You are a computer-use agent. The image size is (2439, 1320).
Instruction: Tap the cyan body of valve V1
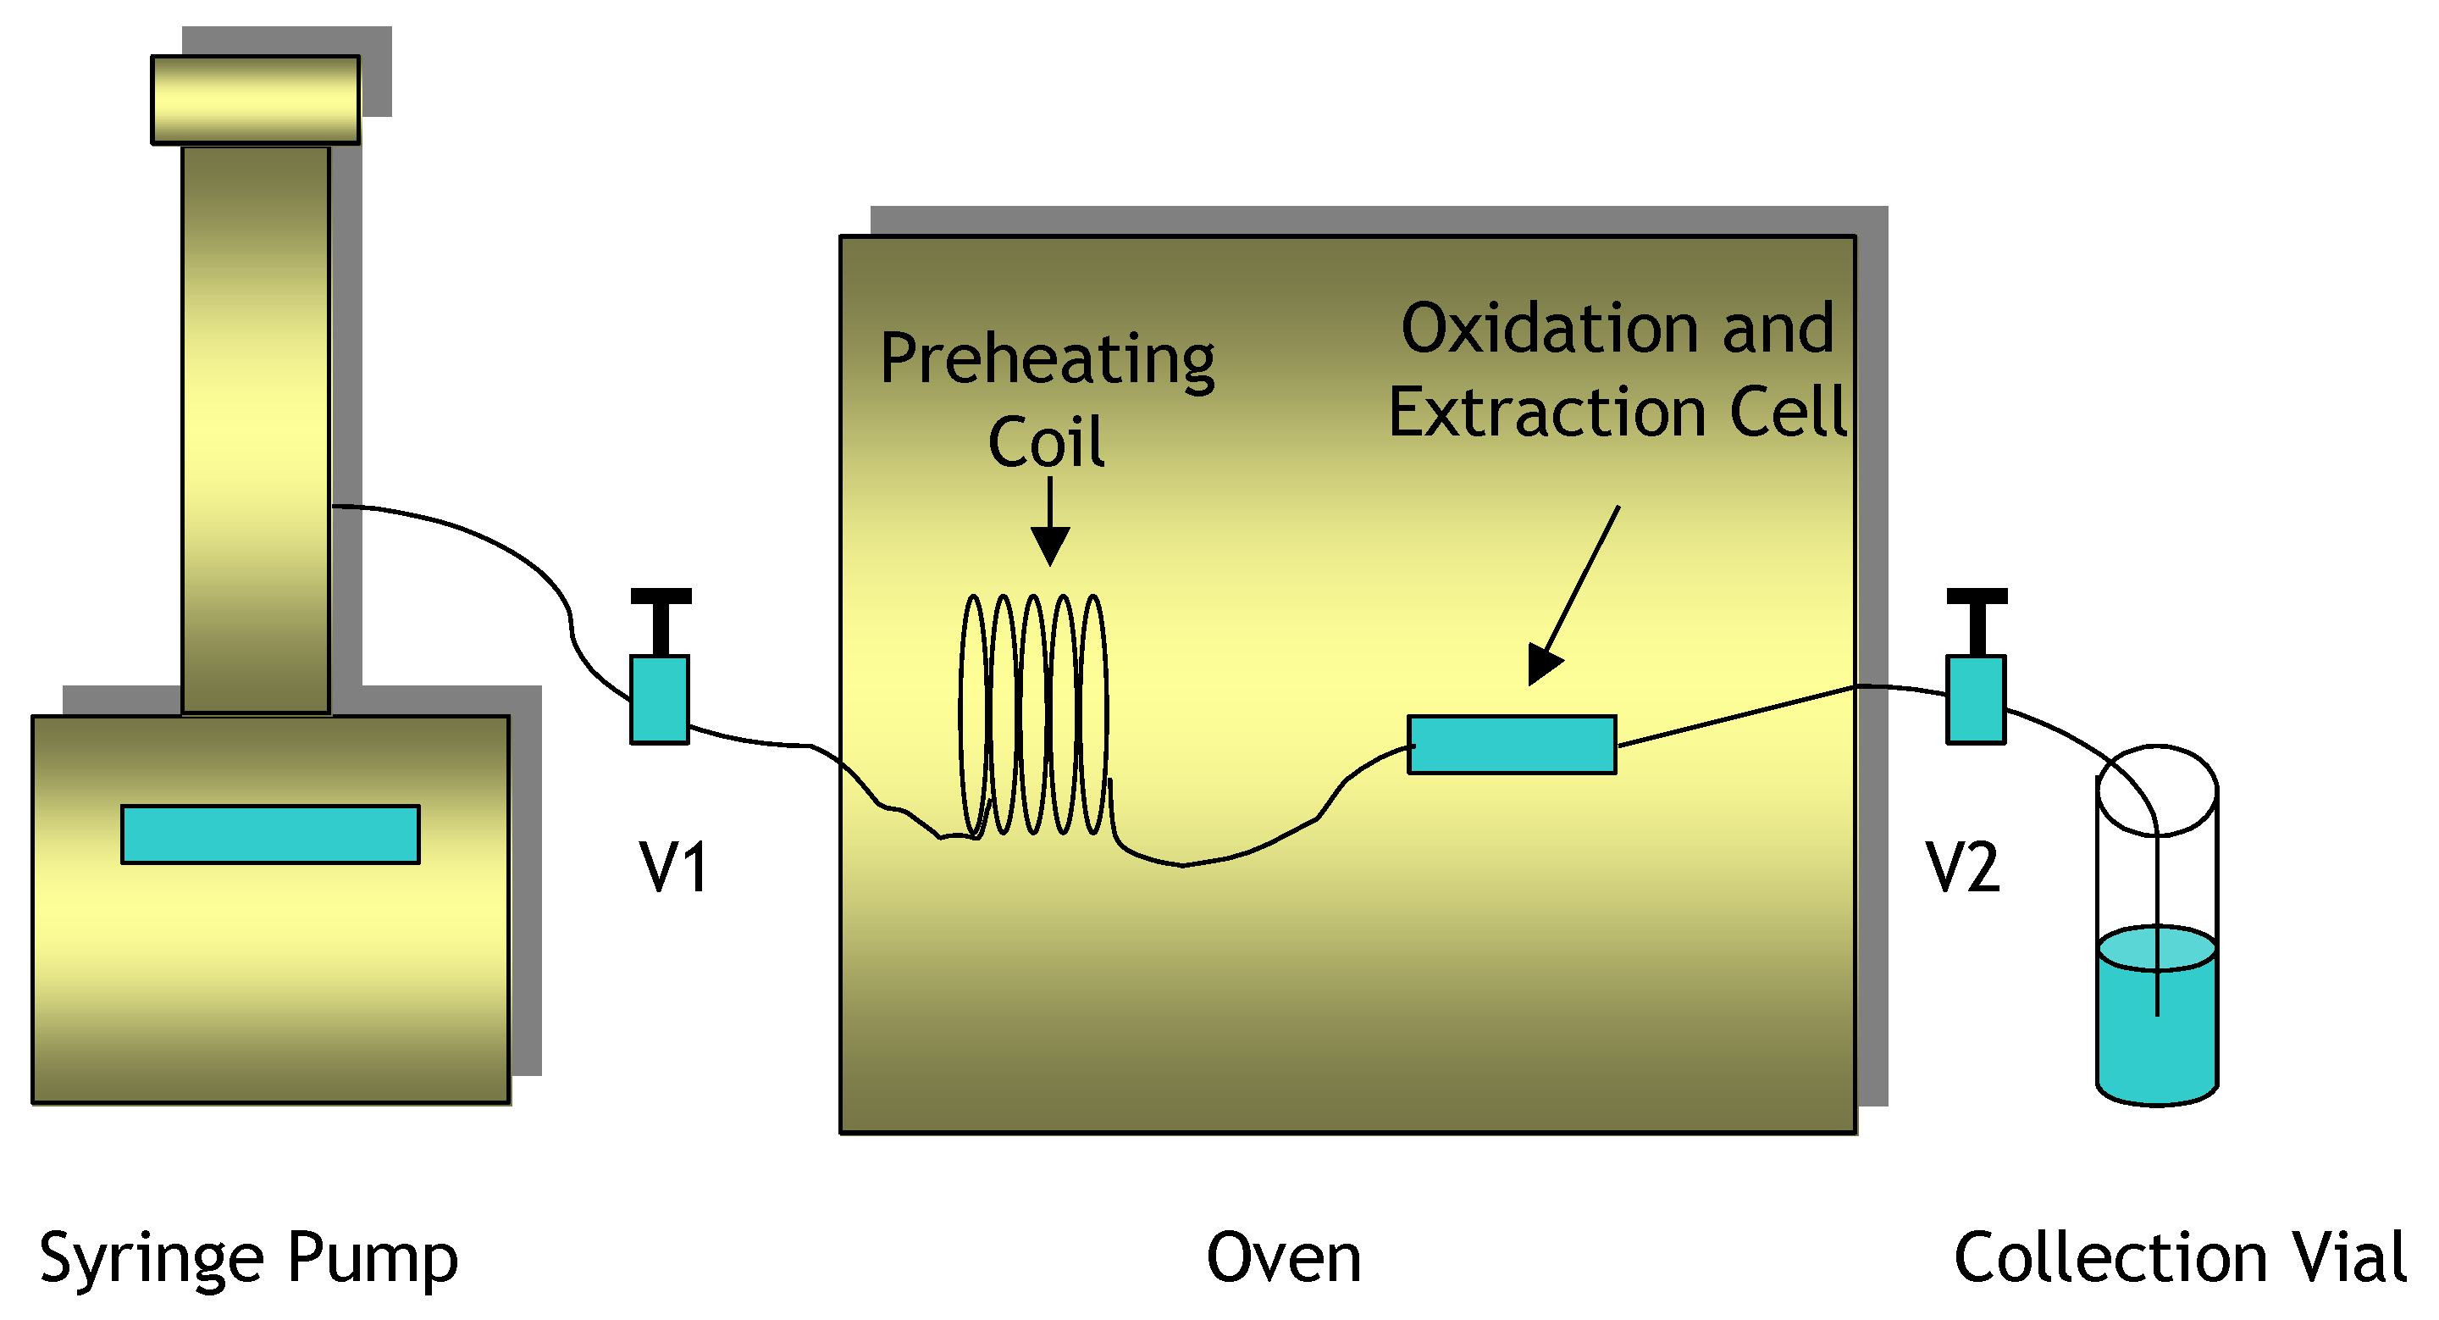pyautogui.click(x=660, y=700)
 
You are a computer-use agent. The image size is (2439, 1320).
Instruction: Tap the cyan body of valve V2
pyautogui.click(x=1976, y=700)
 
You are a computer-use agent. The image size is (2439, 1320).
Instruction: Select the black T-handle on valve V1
pyautogui.click(x=661, y=615)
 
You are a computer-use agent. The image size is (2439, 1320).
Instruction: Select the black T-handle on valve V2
pyautogui.click(x=1977, y=615)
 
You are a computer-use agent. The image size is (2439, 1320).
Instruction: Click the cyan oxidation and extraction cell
pyautogui.click(x=1512, y=746)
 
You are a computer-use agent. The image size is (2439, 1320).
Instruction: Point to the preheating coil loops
pyautogui.click(x=1034, y=715)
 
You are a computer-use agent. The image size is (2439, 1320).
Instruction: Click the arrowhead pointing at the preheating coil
pyautogui.click(x=1050, y=546)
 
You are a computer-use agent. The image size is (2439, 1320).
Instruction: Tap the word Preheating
pyautogui.click(x=1048, y=360)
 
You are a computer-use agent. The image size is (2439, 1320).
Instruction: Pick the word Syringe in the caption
pyautogui.click(x=152, y=1259)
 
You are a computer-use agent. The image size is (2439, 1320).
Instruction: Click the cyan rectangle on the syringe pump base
pyautogui.click(x=271, y=835)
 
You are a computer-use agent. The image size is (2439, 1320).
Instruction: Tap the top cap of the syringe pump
pyautogui.click(x=256, y=99)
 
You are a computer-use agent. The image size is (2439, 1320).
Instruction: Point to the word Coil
pyautogui.click(x=1046, y=442)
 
